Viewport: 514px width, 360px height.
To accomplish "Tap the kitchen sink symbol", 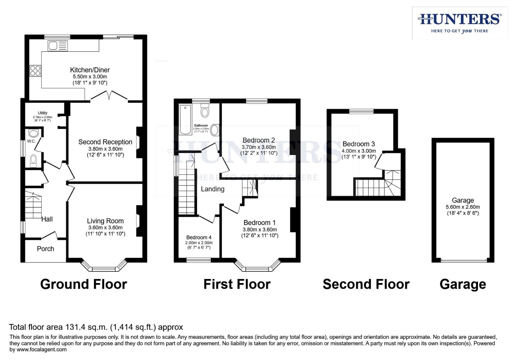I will click(x=58, y=46).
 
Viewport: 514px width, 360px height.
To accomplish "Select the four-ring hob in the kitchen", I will click(x=35, y=71).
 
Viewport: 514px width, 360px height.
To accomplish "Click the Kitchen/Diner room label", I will click(x=90, y=70).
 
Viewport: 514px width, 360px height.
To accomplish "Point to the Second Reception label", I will click(x=105, y=142).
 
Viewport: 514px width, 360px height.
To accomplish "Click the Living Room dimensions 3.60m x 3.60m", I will click(x=105, y=227).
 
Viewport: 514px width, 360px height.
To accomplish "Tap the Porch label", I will click(x=45, y=249).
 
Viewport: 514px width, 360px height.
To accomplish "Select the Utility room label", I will click(x=42, y=113).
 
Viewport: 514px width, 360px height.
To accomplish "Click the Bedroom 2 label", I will click(x=259, y=140).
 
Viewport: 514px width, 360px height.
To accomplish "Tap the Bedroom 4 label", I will click(x=199, y=237).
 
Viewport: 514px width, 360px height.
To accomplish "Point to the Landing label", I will click(x=212, y=189).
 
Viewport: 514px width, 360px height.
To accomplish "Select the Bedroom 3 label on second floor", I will click(x=359, y=144).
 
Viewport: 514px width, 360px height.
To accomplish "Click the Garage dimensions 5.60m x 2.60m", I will click(x=463, y=207).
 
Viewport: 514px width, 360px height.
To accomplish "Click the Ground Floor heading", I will click(x=83, y=284).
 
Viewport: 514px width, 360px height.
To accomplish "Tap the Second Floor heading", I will click(x=366, y=284).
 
